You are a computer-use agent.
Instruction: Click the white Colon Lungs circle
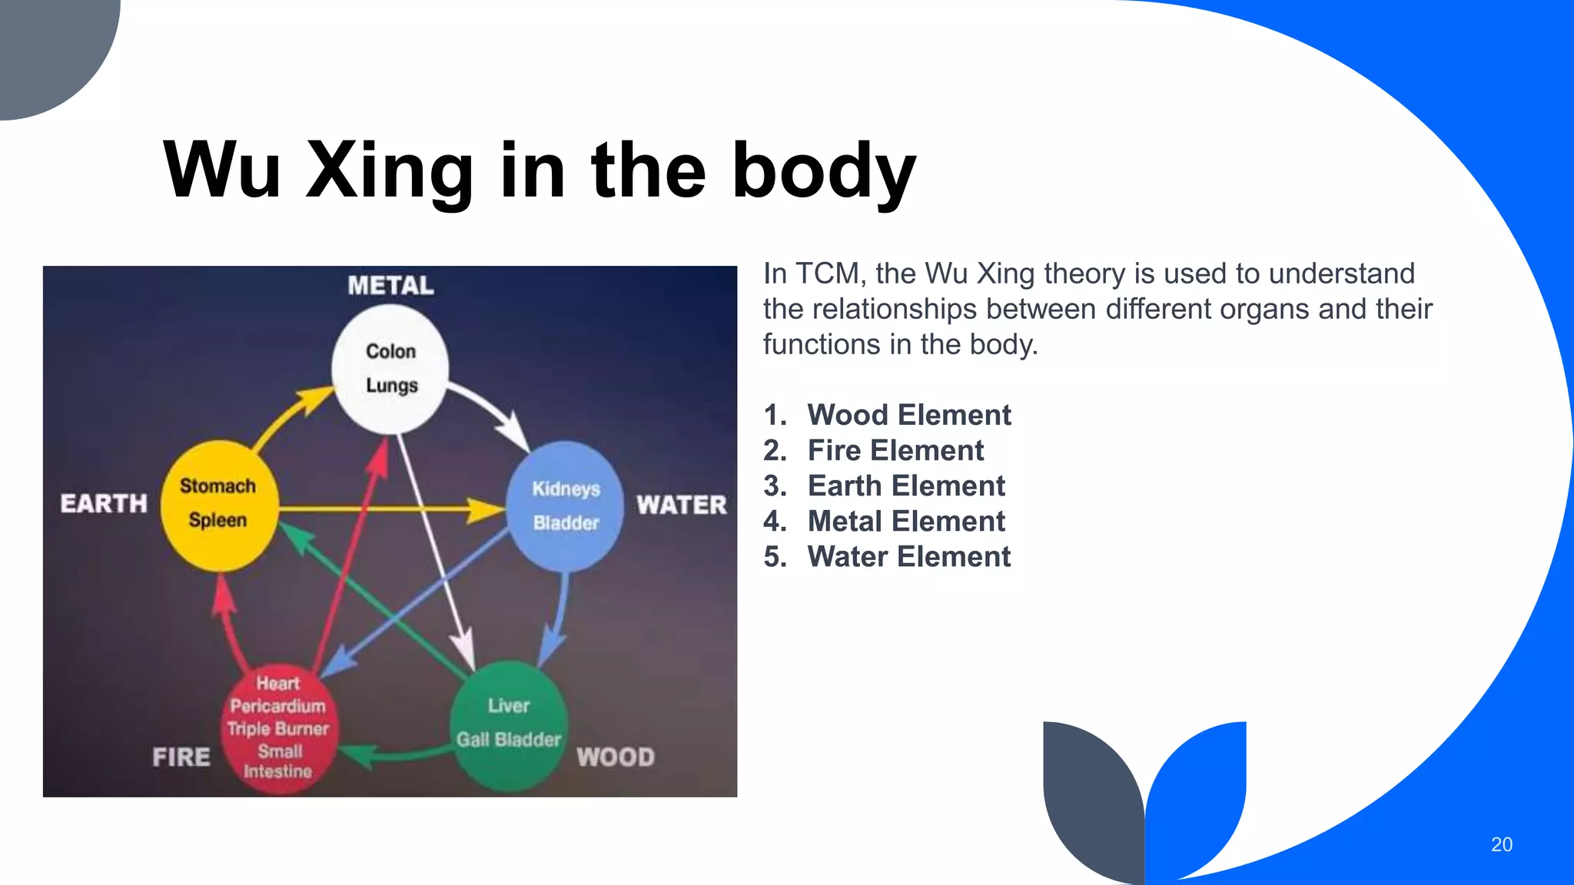point(390,369)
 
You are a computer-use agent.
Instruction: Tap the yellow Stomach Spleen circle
point(219,505)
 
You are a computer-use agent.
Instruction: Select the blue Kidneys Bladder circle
point(566,506)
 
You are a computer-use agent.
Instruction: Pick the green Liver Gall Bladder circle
point(509,725)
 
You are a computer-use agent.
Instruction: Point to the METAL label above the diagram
point(390,286)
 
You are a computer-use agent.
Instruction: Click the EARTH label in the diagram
point(104,504)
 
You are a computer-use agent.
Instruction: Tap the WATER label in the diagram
point(681,505)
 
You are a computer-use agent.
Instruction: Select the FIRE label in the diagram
point(181,757)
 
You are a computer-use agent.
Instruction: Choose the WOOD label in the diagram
point(616,757)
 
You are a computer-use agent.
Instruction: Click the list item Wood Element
point(908,416)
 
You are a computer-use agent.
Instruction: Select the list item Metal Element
point(905,522)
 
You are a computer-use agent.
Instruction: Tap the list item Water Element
point(908,557)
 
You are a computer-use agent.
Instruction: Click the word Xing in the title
point(390,171)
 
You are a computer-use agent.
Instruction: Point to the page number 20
point(1501,844)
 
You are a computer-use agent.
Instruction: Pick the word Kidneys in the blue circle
point(566,489)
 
